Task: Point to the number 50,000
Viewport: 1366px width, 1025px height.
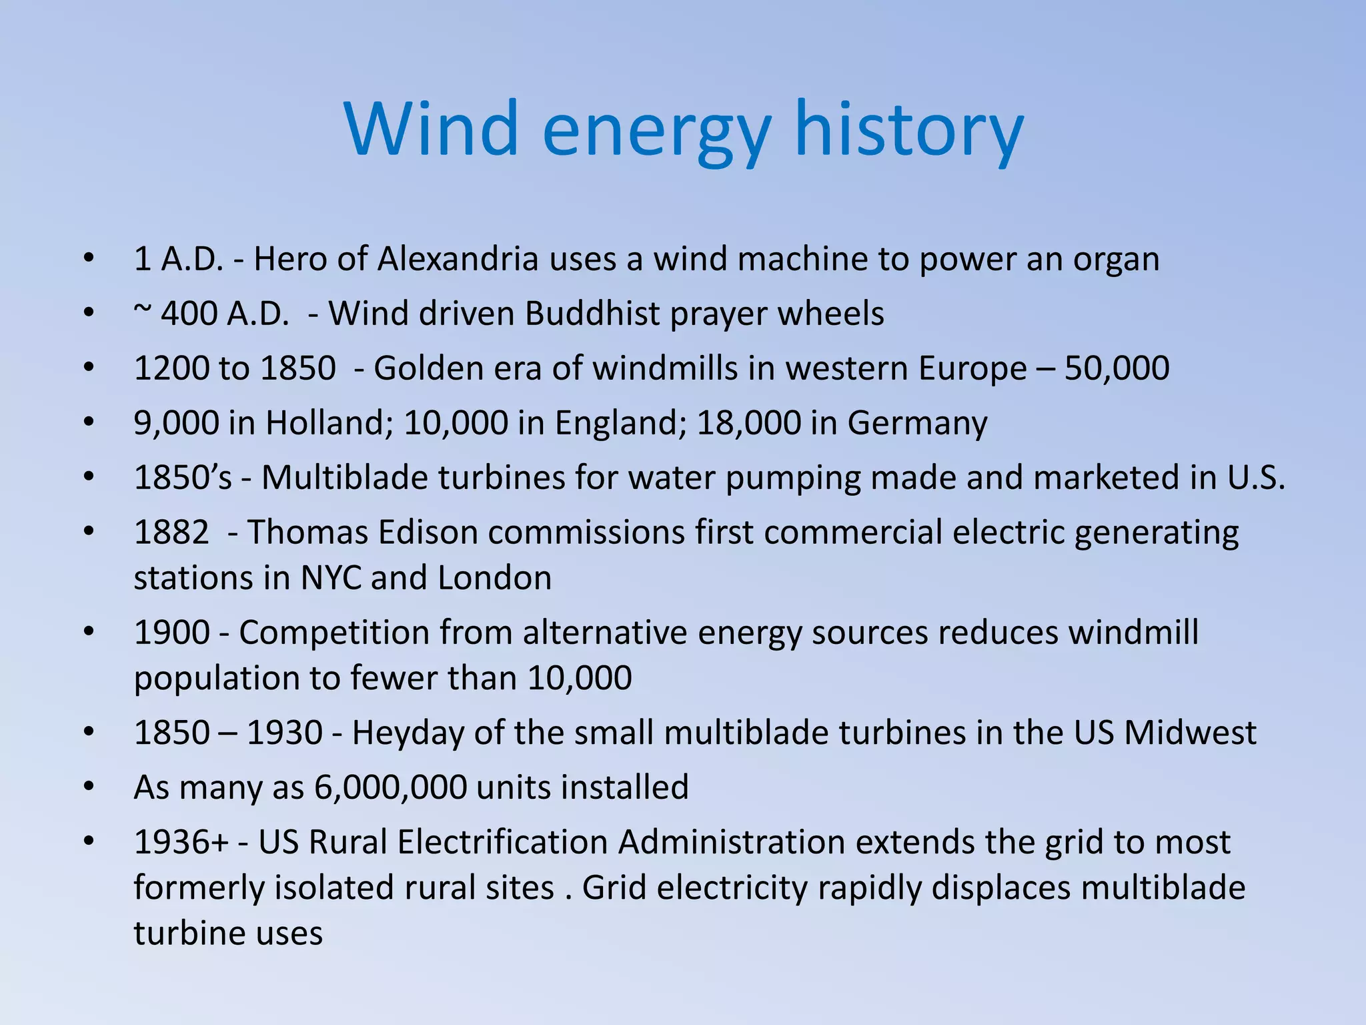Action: [x=1117, y=368]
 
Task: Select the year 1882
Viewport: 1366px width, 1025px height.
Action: [x=171, y=533]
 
